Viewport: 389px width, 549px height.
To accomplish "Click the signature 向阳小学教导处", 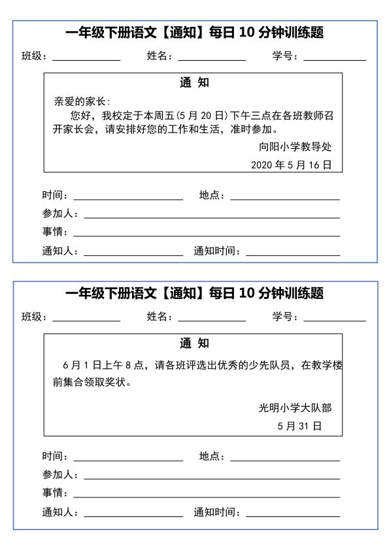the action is point(296,147).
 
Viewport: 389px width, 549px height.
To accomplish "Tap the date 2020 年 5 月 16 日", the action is point(291,165).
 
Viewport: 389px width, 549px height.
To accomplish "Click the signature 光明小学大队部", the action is point(296,408).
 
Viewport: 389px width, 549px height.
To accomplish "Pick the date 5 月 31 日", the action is point(299,426).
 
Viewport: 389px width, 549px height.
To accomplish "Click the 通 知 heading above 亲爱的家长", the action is point(194,83).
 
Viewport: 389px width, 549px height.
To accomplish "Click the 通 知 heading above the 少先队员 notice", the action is point(194,343).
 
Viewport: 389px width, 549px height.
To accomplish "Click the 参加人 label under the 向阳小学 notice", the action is point(59,214).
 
